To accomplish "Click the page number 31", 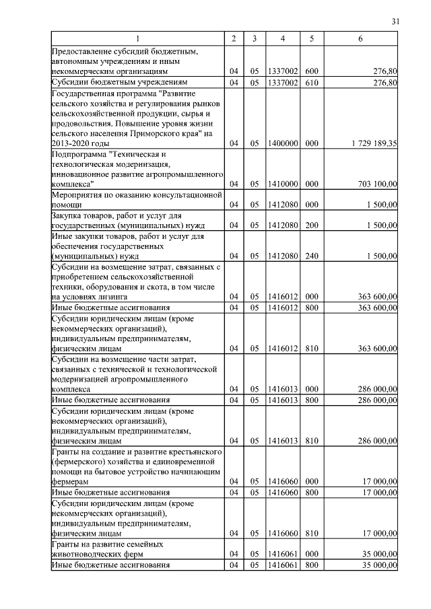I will [x=395, y=22].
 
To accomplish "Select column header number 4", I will [x=283, y=39].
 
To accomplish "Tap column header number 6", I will [x=361, y=39].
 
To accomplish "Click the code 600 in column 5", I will [x=311, y=71].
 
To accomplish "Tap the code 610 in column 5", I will [x=311, y=83].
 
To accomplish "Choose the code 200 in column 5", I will [x=311, y=225].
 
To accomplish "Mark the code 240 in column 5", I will [x=311, y=256].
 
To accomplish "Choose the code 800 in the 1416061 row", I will [x=311, y=565].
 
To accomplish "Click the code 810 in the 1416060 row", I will [x=311, y=534].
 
